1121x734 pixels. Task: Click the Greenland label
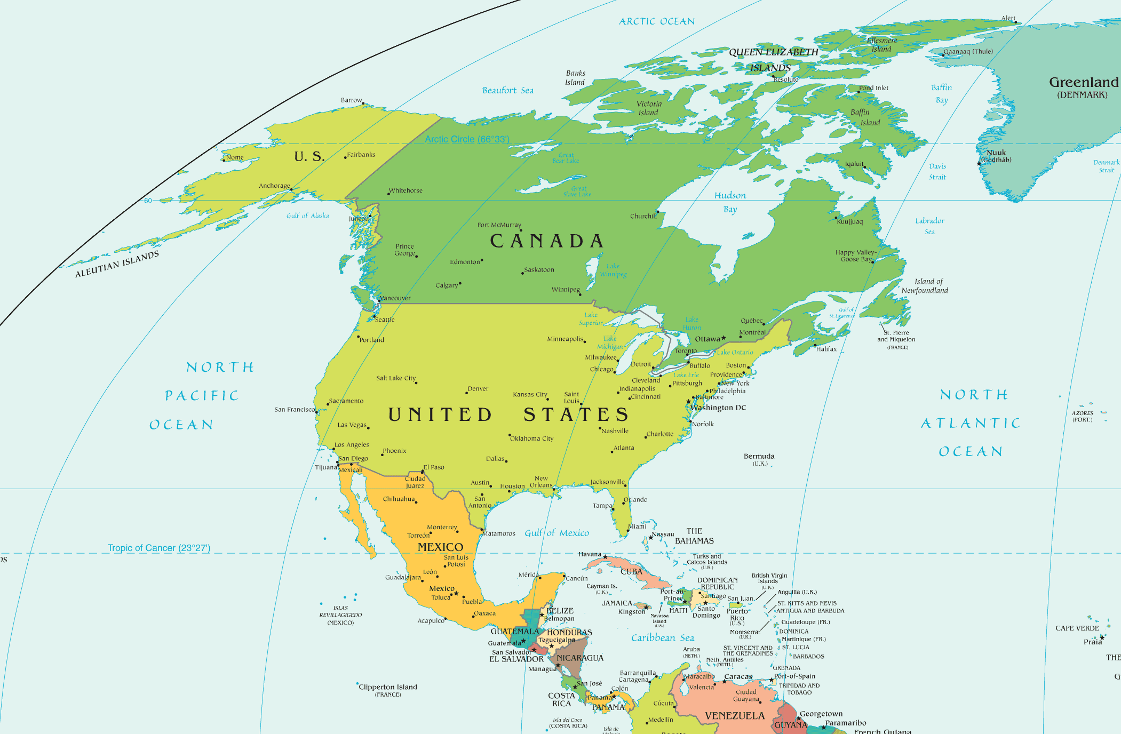click(x=1083, y=83)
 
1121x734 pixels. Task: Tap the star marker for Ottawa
click(x=724, y=338)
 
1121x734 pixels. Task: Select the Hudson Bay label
click(x=730, y=202)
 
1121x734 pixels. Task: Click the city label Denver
click(x=478, y=389)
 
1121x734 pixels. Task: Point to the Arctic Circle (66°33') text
click(x=467, y=139)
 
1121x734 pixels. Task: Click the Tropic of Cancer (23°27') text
click(x=159, y=548)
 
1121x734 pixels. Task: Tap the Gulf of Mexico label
click(x=556, y=533)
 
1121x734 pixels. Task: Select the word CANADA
click(x=546, y=241)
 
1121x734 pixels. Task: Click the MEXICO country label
click(x=440, y=547)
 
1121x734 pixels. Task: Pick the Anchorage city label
click(x=274, y=186)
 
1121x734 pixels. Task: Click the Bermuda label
click(x=759, y=457)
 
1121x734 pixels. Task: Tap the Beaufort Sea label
click(x=507, y=91)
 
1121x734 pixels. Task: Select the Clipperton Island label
click(x=388, y=687)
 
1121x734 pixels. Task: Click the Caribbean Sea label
click(x=662, y=638)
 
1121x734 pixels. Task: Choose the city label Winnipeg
click(x=565, y=290)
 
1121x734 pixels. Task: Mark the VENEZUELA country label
click(x=735, y=716)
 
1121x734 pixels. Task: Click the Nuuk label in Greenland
click(x=996, y=153)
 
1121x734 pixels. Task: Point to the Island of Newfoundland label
click(x=925, y=286)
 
